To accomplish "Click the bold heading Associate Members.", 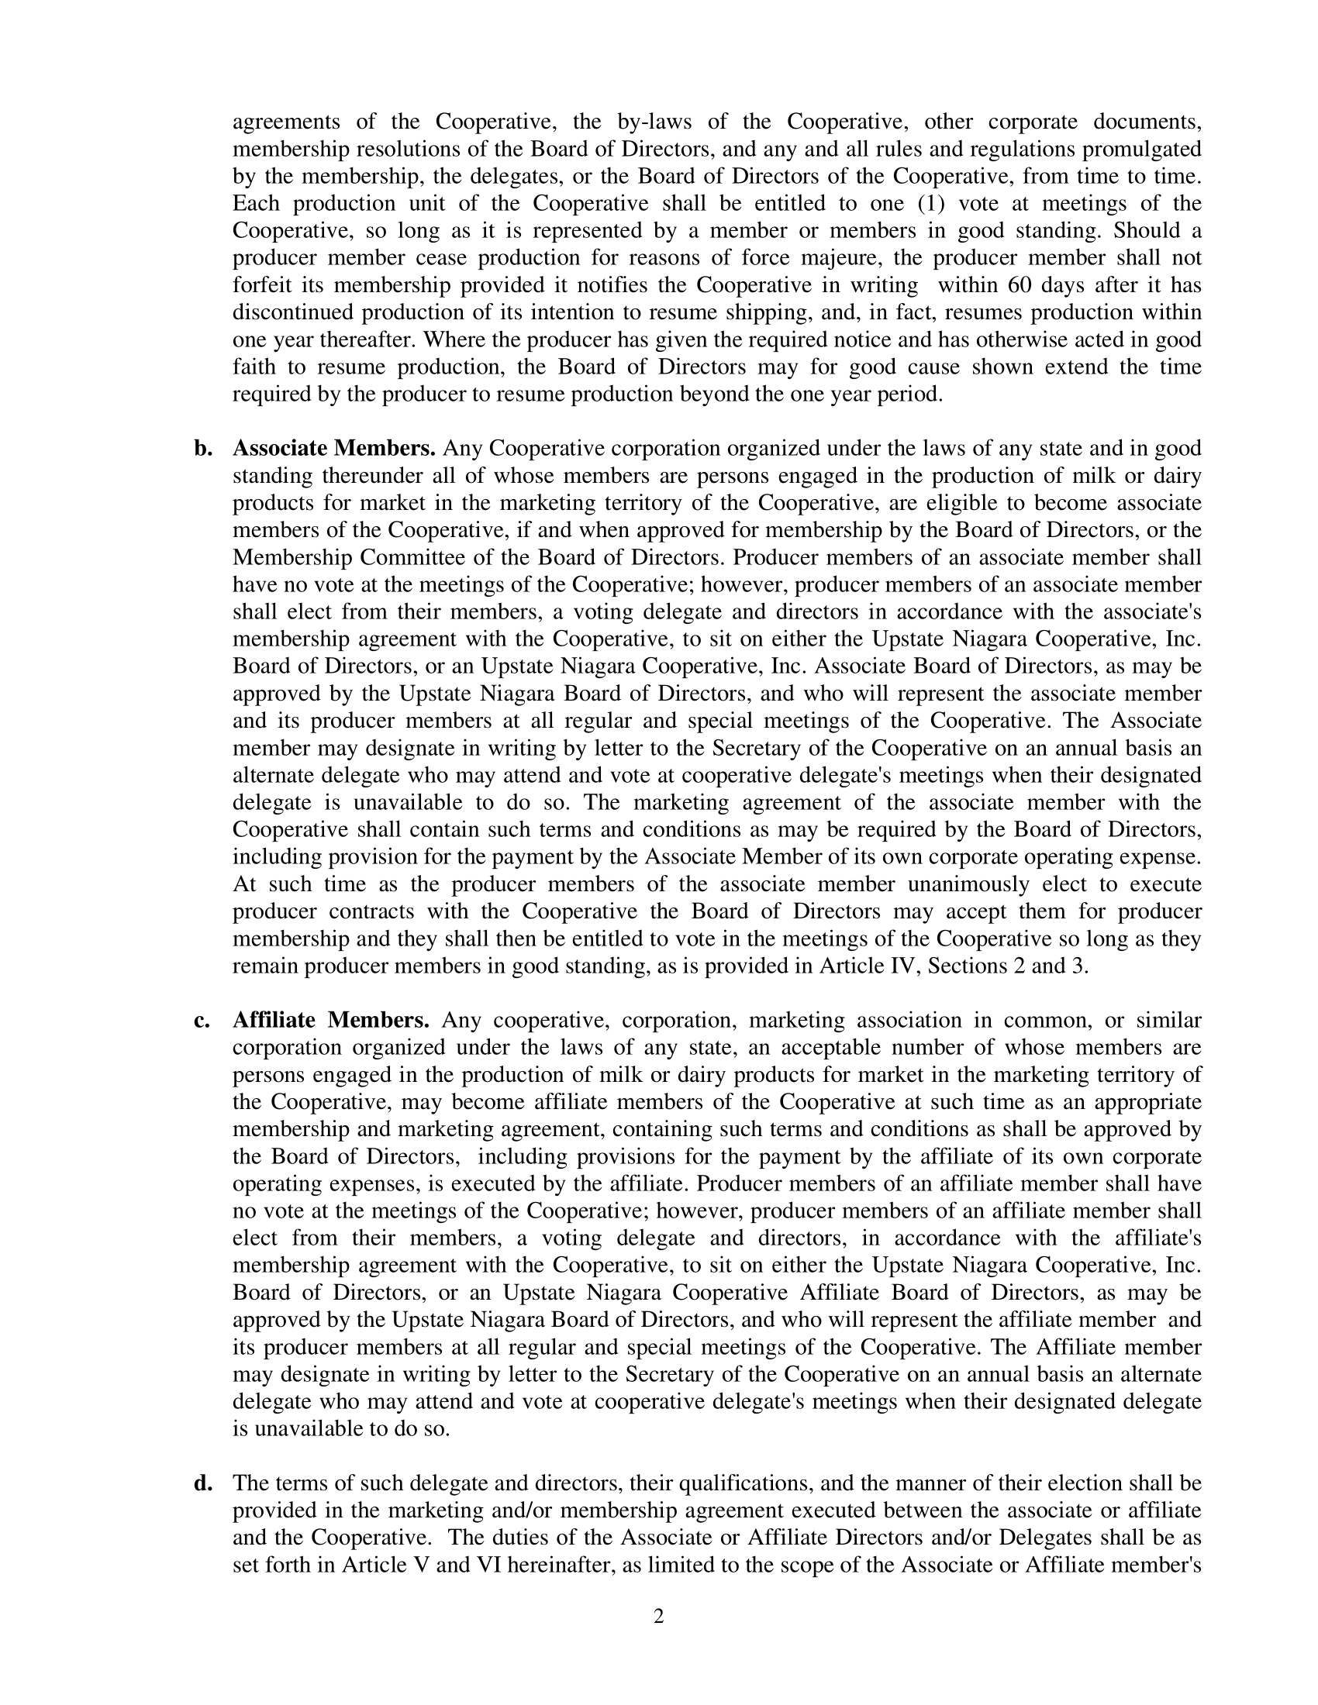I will [x=334, y=449].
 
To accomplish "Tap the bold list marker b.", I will [x=203, y=449].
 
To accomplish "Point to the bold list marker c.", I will [x=202, y=1021].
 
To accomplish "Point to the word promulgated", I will [x=1136, y=149].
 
